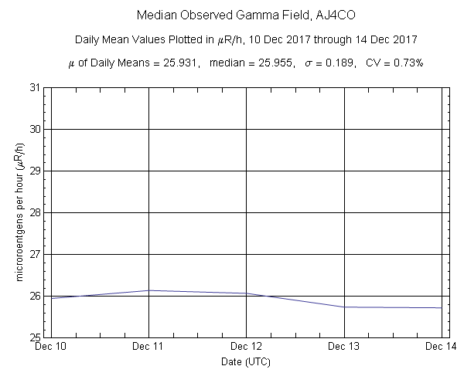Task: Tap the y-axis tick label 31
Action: (34, 87)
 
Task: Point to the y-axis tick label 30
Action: (34, 129)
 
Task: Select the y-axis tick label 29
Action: (34, 171)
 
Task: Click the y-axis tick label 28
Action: (34, 212)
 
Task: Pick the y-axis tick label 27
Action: (34, 254)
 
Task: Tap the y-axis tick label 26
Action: (34, 296)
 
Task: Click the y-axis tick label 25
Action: (34, 337)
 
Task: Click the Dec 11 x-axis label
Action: (148, 347)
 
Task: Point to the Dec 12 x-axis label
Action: (246, 347)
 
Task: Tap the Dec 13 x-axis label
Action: (343, 347)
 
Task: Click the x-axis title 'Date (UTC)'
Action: (245, 361)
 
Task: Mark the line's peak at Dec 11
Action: (148, 290)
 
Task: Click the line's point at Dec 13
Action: (343, 307)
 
